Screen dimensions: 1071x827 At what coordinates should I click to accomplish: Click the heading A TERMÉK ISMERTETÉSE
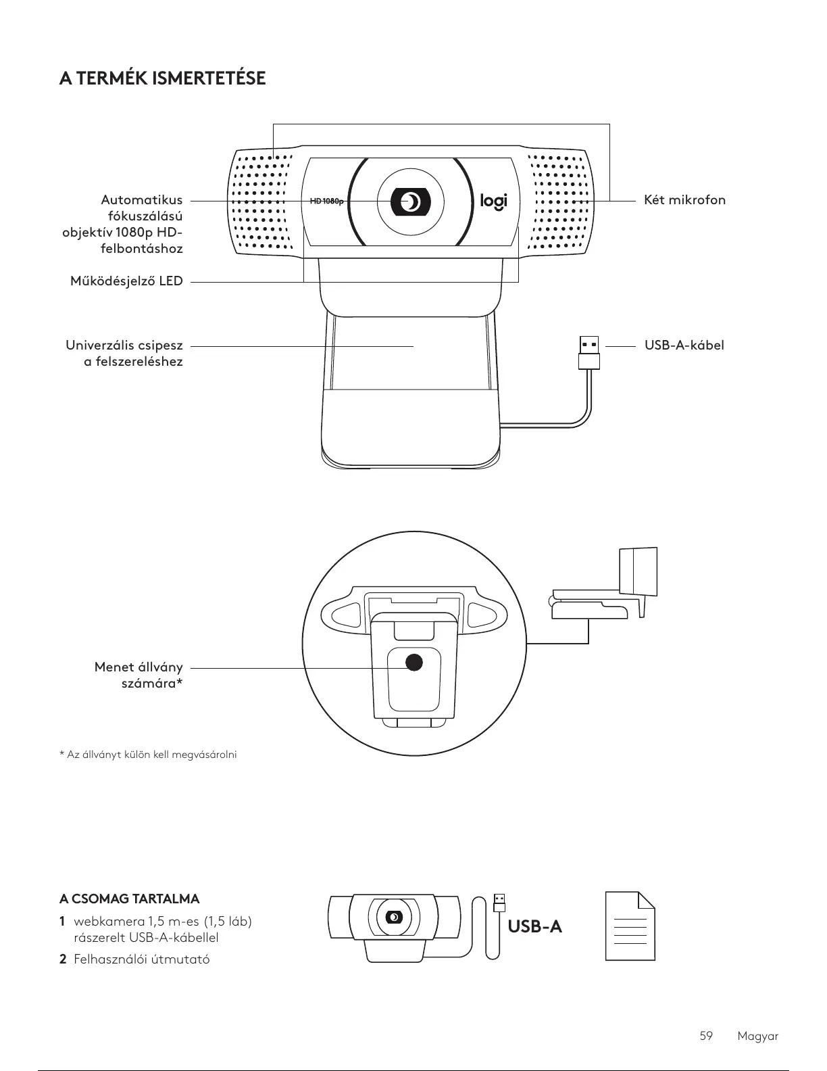coord(162,79)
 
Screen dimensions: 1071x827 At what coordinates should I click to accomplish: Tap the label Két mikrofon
coord(684,200)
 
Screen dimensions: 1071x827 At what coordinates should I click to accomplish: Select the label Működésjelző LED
coord(127,281)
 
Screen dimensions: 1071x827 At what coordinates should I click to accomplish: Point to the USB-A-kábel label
coord(684,346)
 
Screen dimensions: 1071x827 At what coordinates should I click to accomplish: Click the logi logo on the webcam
coord(493,201)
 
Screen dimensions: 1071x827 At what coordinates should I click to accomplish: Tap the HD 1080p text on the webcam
coord(326,201)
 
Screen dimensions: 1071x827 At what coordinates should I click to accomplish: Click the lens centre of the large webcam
coord(410,201)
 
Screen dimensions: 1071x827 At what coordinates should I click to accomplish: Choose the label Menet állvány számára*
coord(139,675)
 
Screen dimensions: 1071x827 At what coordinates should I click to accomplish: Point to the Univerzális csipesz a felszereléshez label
coord(124,354)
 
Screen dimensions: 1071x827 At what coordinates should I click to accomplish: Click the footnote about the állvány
coord(148,755)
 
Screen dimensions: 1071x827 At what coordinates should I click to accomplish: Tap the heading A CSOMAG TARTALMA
coord(130,899)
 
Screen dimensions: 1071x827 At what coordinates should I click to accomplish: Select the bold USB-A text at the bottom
coord(534,926)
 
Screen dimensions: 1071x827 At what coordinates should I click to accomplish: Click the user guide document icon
coord(630,926)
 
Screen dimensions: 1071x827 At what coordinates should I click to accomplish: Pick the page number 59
coord(706,1036)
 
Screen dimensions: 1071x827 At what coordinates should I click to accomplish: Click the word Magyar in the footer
coord(758,1036)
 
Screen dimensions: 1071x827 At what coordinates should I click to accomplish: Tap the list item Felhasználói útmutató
coord(141,959)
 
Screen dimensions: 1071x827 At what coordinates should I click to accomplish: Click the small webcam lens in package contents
coord(395,917)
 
